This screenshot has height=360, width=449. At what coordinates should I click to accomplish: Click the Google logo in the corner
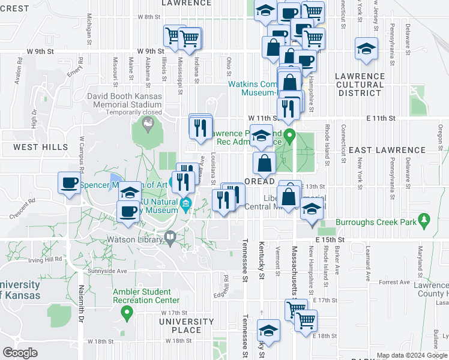coord(20,353)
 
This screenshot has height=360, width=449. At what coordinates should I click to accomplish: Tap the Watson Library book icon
coord(171,239)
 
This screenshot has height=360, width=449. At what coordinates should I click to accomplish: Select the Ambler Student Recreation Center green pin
coord(127,312)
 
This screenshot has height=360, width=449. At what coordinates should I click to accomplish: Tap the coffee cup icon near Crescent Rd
coord(70,183)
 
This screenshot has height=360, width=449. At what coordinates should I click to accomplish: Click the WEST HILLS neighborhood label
coord(41,147)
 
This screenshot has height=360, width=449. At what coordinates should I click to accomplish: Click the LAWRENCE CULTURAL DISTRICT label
coord(360,85)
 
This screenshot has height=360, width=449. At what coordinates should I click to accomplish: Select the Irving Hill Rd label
coord(46,260)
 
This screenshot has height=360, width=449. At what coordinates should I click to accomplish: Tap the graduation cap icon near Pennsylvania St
coord(366,50)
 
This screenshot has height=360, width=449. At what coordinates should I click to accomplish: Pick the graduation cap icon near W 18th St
coord(268,331)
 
